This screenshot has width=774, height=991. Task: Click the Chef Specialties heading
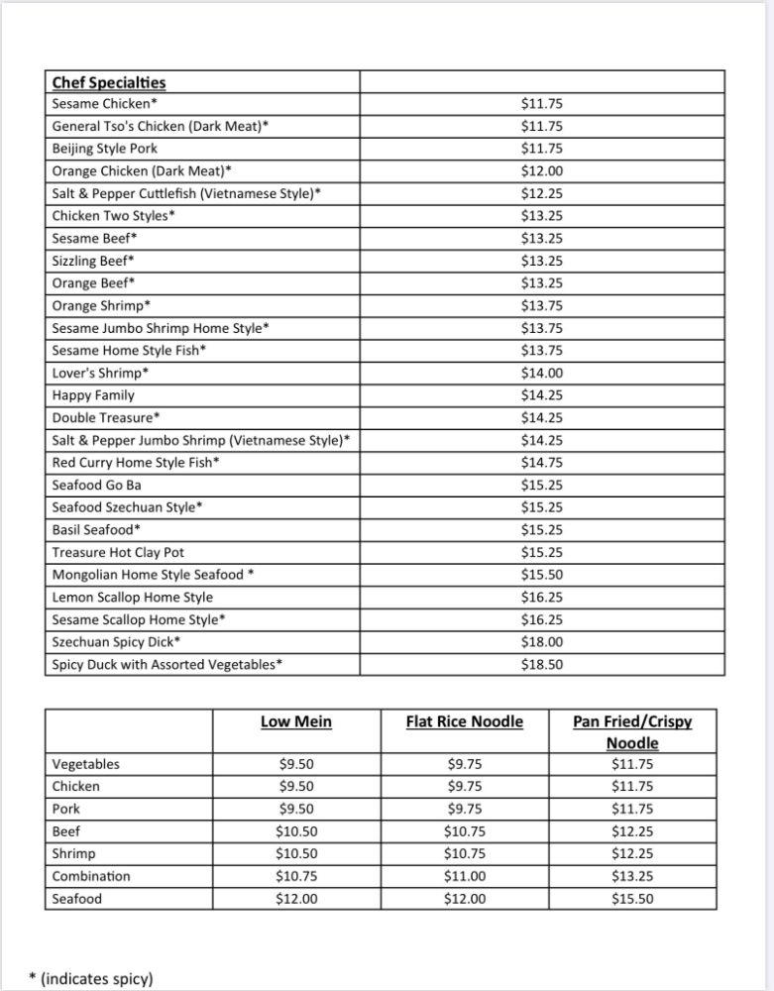click(x=109, y=82)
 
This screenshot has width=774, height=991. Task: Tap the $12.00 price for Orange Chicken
click(x=542, y=171)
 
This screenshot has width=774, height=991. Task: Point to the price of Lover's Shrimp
click(x=542, y=373)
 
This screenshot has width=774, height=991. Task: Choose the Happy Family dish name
click(x=93, y=395)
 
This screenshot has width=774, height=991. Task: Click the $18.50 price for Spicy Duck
click(x=542, y=665)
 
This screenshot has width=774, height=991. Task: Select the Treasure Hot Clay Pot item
click(x=118, y=552)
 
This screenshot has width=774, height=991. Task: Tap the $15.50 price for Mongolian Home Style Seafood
click(x=542, y=575)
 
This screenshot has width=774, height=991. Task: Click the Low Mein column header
click(x=296, y=721)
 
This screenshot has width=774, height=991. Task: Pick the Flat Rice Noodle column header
click(x=465, y=721)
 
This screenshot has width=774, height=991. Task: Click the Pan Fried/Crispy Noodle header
click(x=632, y=731)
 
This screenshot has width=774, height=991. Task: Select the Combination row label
click(x=91, y=876)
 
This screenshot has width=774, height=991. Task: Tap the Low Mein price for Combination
click(x=296, y=876)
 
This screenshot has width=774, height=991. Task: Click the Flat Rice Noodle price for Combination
click(x=465, y=876)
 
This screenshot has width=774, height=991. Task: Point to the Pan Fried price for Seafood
click(x=632, y=899)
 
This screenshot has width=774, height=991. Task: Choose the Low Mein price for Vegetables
click(x=296, y=764)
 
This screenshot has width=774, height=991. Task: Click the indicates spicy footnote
click(x=91, y=978)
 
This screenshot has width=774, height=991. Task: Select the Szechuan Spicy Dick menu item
click(x=116, y=642)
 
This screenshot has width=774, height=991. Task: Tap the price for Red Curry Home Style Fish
click(x=542, y=463)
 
